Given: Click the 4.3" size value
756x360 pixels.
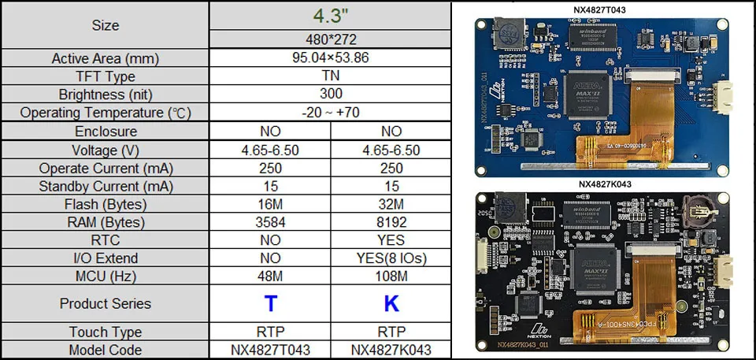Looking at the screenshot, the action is [331, 16].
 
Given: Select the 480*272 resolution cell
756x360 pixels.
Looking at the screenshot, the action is [331, 40].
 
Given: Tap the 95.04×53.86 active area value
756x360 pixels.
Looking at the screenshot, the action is [331, 58].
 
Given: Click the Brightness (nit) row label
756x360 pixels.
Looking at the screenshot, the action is [105, 95].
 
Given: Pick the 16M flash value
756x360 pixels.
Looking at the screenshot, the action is [270, 204].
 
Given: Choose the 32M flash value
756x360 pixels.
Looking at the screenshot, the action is [391, 204].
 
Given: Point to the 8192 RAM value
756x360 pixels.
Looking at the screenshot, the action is [391, 222].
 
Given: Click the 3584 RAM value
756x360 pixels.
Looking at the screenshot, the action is [270, 222].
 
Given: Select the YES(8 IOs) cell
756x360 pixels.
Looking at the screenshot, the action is [391, 258].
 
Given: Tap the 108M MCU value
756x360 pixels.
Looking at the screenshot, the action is [391, 276].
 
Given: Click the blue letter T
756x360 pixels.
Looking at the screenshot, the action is [270, 304].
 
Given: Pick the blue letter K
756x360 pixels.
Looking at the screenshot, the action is [391, 304].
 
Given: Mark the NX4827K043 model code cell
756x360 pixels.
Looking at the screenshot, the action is [391, 350].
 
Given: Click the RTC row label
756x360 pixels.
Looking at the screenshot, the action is [105, 240].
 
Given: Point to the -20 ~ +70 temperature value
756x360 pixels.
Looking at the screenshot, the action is [331, 113].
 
